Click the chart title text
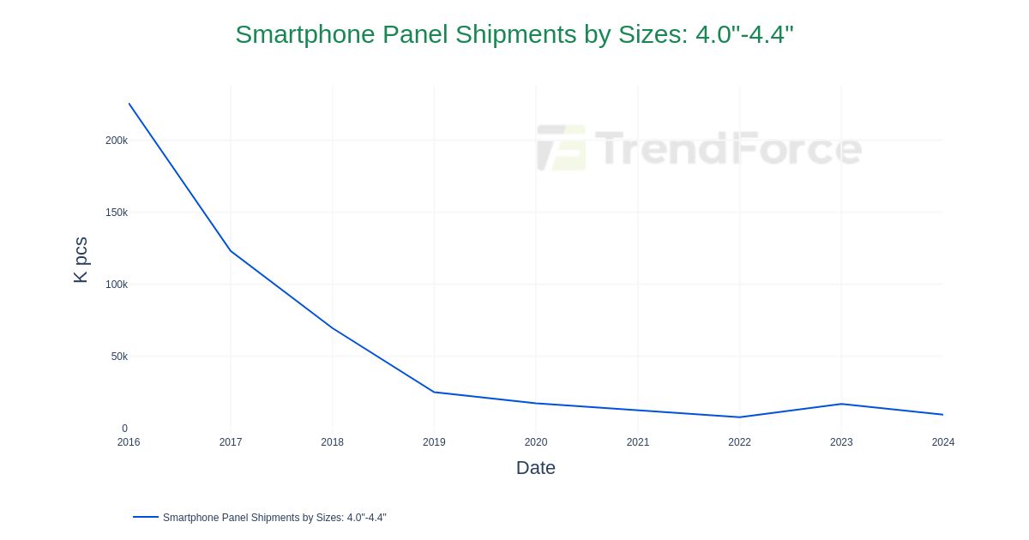pyautogui.click(x=514, y=34)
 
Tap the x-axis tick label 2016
pyautogui.click(x=129, y=442)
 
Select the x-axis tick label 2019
pyautogui.click(x=434, y=442)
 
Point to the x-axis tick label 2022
pyautogui.click(x=739, y=442)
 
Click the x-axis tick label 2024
pyautogui.click(x=942, y=442)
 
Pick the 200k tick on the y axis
pyautogui.click(x=117, y=141)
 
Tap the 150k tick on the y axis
pyautogui.click(x=117, y=213)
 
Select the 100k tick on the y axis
pyautogui.click(x=117, y=285)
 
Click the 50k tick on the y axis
pyautogui.click(x=119, y=357)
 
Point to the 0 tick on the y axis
pyautogui.click(x=124, y=429)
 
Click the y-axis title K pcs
pyautogui.click(x=81, y=260)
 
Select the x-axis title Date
pyautogui.click(x=536, y=468)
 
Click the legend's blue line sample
pyautogui.click(x=146, y=517)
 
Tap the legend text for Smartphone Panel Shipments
pyautogui.click(x=274, y=518)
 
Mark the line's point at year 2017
pyautogui.click(x=231, y=251)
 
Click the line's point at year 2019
pyautogui.click(x=434, y=393)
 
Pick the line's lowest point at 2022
pyautogui.click(x=739, y=417)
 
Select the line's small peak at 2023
pyautogui.click(x=841, y=404)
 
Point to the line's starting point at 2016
pyautogui.click(x=129, y=104)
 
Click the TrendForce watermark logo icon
pyautogui.click(x=562, y=148)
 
